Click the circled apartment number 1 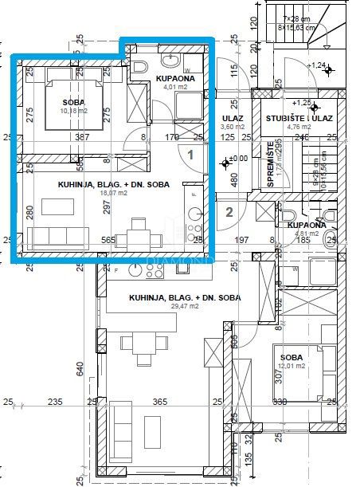[190, 156]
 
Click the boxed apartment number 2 [229, 212]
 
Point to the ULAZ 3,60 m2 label [233, 122]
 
